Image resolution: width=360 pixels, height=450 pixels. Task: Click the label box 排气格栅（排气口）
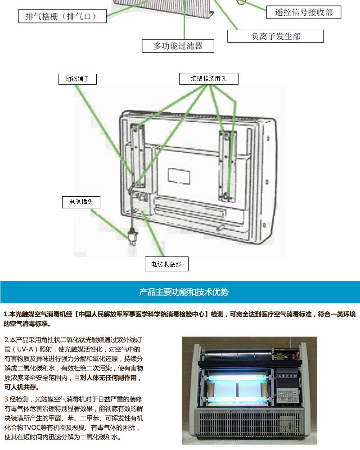[x=62, y=16]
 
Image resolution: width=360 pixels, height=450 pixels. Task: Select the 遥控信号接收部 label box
[x=304, y=12]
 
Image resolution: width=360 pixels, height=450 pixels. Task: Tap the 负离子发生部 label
[x=275, y=36]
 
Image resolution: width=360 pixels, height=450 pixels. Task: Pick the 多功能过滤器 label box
[x=178, y=46]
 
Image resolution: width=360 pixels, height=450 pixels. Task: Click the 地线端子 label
[x=77, y=79]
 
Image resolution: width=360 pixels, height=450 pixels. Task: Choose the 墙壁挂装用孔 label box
[x=209, y=79]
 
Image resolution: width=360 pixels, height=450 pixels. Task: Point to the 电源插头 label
[x=81, y=202]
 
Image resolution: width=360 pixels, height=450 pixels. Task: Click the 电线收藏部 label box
[x=166, y=264]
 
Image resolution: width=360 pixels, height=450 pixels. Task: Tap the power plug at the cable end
[x=133, y=237]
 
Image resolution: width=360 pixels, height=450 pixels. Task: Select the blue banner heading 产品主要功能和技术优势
[x=184, y=292]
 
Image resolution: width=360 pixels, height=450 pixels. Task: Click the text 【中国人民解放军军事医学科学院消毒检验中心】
[x=142, y=314]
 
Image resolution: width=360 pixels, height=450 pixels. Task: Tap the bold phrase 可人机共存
[x=20, y=387]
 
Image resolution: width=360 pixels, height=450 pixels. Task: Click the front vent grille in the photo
[x=250, y=424]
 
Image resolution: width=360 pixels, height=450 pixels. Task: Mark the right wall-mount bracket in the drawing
[x=228, y=166]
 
